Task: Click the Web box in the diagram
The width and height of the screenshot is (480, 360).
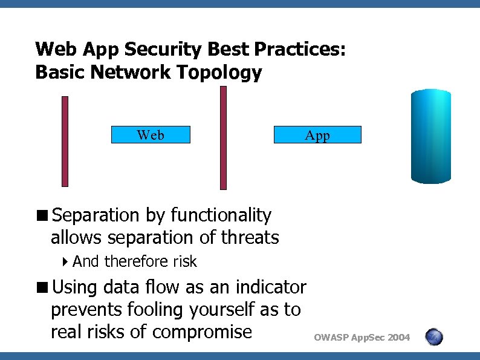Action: pyautogui.click(x=151, y=135)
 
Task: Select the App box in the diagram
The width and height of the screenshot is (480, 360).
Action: pyautogui.click(x=317, y=135)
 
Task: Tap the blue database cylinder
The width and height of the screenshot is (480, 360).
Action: pyautogui.click(x=430, y=136)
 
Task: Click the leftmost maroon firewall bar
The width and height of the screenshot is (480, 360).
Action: pyautogui.click(x=65, y=141)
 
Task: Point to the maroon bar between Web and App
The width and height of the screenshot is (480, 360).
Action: pyautogui.click(x=223, y=138)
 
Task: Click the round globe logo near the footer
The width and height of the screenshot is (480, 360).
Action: pyautogui.click(x=434, y=337)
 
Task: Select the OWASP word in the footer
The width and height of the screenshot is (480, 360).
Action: pyautogui.click(x=331, y=338)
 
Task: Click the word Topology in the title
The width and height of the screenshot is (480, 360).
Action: pyautogui.click(x=219, y=73)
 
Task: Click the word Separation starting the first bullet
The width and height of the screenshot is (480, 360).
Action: pyautogui.click(x=96, y=215)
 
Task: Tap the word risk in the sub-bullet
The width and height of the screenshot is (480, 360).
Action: pyautogui.click(x=184, y=261)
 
